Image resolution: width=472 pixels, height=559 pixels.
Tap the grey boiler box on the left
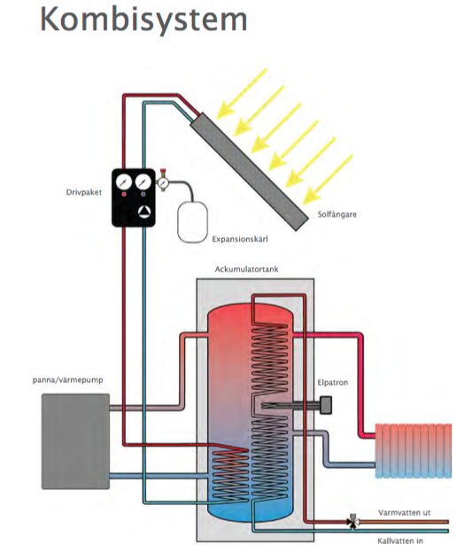point(75,440)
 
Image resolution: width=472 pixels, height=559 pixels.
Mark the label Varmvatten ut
point(404,510)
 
